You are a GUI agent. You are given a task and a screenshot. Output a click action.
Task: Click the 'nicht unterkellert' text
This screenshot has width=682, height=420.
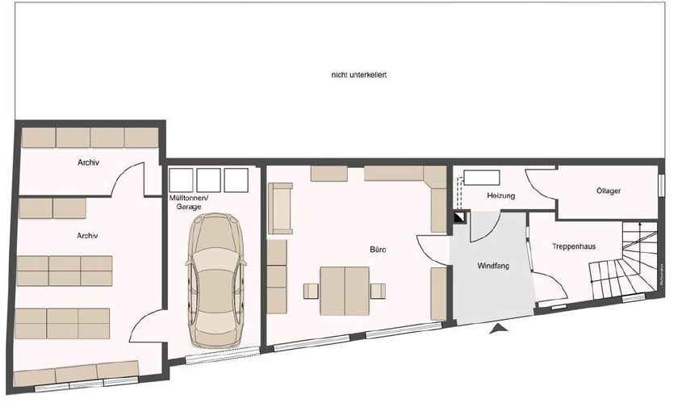(x=360, y=75)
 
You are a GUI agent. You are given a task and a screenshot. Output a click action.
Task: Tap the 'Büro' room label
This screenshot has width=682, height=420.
(x=377, y=250)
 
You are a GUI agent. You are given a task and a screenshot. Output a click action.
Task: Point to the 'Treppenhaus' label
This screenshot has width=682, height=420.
(x=575, y=246)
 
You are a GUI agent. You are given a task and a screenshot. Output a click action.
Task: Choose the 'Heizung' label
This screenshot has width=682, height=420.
(x=500, y=196)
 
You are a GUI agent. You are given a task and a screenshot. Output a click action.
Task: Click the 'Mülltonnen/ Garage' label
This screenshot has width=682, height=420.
(x=189, y=202)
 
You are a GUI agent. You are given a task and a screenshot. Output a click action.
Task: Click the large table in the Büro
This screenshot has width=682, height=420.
(x=345, y=291)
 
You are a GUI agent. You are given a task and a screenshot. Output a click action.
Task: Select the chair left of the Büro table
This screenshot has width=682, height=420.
(x=311, y=291)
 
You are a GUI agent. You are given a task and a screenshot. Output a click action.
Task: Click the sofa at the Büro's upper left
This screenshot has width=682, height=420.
(x=280, y=208)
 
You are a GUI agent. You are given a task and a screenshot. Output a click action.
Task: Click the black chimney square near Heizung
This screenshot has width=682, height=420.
(x=459, y=216)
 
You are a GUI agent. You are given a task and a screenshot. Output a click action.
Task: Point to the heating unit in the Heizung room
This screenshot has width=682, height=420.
(x=482, y=178)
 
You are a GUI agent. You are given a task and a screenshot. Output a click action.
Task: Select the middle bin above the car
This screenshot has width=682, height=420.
(x=208, y=180)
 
